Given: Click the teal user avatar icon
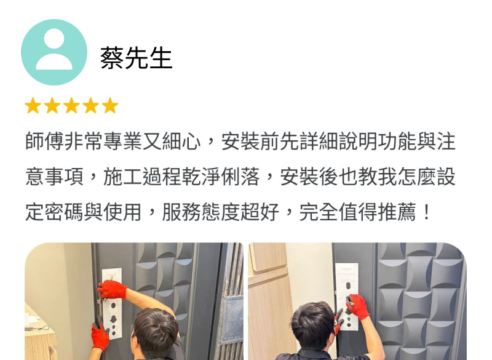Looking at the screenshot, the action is coord(54,52).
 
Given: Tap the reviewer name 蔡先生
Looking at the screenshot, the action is coord(136,58).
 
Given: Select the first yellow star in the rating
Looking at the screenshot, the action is coord(33,105).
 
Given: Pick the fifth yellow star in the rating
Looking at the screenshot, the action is coord(110,105).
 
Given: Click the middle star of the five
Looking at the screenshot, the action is coord(71,105).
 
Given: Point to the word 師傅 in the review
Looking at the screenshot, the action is coord(44,142).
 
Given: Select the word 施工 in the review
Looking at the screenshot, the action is coord(122,177).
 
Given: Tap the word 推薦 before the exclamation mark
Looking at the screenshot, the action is coord(397,212).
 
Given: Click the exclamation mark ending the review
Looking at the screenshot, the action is coord(426,212).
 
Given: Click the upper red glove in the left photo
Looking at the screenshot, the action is coord(112,290).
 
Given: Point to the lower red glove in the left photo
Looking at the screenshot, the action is coord(100,336).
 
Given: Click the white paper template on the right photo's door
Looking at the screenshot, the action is coord(347,297).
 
